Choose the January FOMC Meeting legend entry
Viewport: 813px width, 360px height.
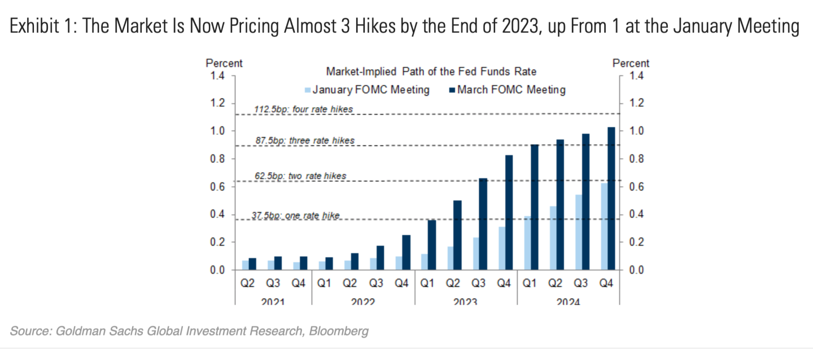pyautogui.click(x=367, y=90)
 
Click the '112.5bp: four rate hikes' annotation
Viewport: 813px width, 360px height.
pyautogui.click(x=304, y=108)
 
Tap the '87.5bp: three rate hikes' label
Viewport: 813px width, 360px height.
pyautogui.click(x=304, y=140)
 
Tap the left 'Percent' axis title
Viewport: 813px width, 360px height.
pyautogui.click(x=224, y=63)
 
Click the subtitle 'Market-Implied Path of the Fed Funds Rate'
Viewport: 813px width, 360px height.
pyautogui.click(x=431, y=72)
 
